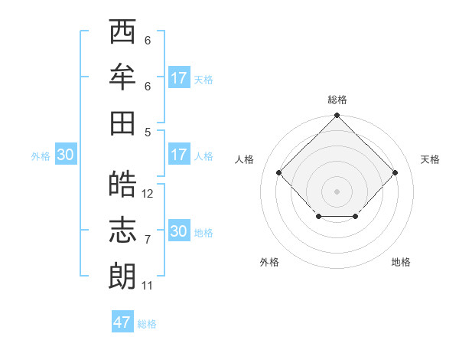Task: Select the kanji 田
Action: point(122,122)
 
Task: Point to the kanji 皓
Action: point(122,185)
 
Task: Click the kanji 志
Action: point(122,231)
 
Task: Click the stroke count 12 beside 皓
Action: point(148,194)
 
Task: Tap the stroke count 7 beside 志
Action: point(148,240)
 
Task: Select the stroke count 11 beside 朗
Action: point(148,286)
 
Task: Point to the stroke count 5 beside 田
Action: point(148,132)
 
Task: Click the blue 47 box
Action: point(122,322)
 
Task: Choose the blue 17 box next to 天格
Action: point(178,78)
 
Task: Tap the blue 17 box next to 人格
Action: point(178,155)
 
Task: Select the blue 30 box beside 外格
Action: point(65,155)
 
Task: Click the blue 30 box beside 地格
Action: point(178,231)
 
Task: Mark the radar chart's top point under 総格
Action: point(337,116)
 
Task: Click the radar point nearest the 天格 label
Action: point(395,172)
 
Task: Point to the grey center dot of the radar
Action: point(337,191)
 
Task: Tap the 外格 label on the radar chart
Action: point(269,262)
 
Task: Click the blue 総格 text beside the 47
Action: point(147,324)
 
